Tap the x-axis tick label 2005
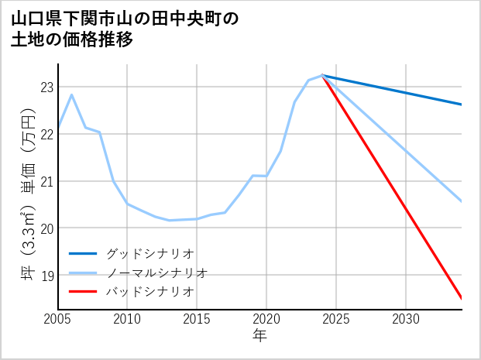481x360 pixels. pos(58,319)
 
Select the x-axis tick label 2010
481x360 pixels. pos(127,319)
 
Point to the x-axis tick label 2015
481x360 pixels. pos(197,319)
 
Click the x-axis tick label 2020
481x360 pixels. pos(266,319)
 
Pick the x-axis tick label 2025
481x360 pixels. pos(336,319)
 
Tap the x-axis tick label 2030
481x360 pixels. pos(406,319)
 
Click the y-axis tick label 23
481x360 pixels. pos(47,87)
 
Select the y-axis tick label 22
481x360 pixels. pos(47,134)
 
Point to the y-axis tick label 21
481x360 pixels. pos(47,181)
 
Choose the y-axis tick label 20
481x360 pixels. pos(47,228)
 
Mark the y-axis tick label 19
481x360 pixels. pos(47,276)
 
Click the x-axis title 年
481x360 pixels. pos(259,336)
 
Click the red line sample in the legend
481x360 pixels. pos(83,292)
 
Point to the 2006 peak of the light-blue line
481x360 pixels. pos(72,95)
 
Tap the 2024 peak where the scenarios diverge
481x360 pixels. pos(322,76)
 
